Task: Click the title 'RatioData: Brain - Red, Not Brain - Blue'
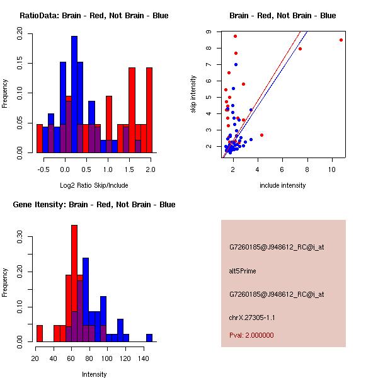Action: click(94, 15)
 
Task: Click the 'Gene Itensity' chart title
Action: click(94, 205)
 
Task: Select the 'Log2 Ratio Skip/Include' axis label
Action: click(94, 185)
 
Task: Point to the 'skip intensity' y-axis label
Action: click(193, 94)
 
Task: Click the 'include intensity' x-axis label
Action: click(283, 185)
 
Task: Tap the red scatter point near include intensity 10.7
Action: click(341, 40)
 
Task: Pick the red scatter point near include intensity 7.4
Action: click(300, 49)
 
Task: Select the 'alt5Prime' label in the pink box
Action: click(243, 271)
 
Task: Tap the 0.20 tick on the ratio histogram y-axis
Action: click(20, 37)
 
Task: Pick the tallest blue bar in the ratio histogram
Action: click(74, 94)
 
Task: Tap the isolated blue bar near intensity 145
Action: click(149, 338)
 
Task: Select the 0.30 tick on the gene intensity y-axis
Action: click(20, 238)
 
